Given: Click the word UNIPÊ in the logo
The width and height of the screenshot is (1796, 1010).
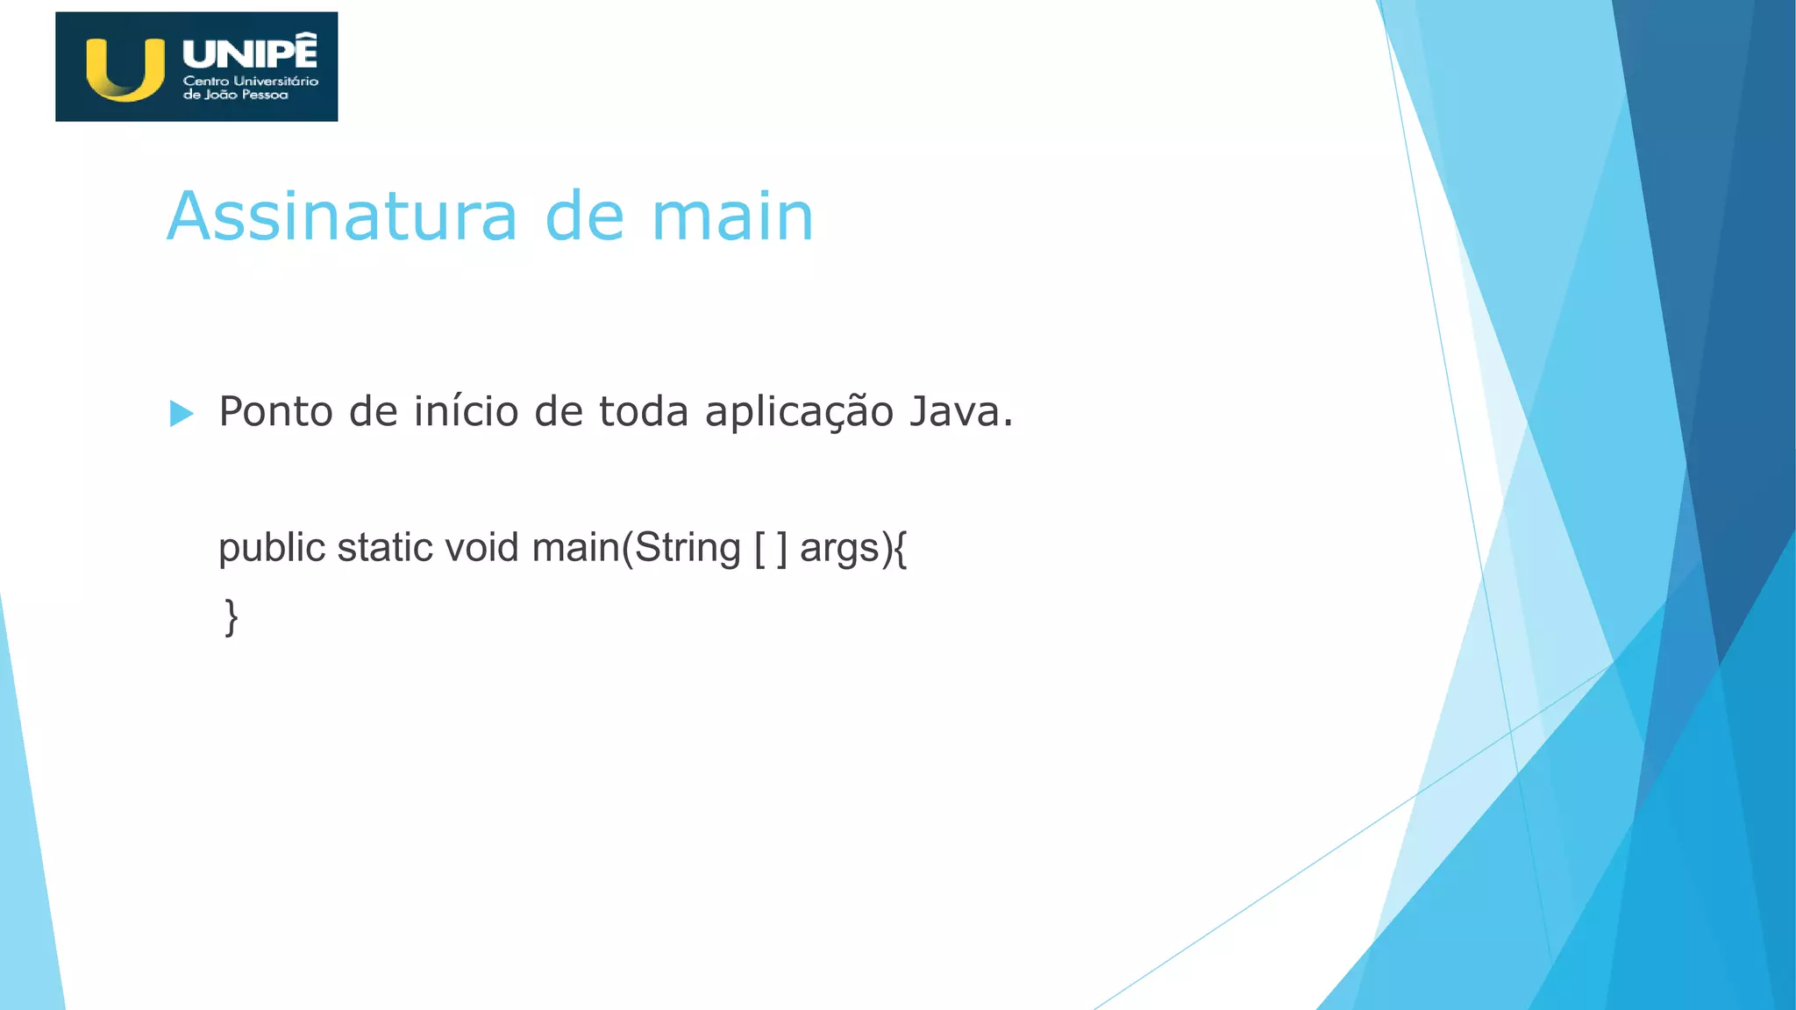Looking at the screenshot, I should pos(250,53).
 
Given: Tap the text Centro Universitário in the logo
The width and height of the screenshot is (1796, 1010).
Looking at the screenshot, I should pos(251,81).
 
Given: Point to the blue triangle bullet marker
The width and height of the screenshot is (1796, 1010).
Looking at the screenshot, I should pos(181,413).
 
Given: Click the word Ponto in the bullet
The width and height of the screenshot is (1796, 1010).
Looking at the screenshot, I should pos(275,411).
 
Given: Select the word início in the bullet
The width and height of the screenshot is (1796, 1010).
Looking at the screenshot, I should pos(466,411).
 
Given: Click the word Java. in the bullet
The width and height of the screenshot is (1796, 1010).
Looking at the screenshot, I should pos(961,411).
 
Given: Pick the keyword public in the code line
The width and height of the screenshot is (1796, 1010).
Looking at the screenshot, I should pos(272,549).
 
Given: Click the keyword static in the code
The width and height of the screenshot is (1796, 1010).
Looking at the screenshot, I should pos(385,547).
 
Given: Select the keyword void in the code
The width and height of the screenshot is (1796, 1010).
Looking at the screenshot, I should pos(482,547).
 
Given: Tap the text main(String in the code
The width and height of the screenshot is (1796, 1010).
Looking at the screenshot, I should pos(637,549).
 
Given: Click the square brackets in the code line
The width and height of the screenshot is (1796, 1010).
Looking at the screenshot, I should pos(771,549).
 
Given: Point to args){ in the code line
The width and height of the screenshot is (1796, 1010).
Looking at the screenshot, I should pos(853,549).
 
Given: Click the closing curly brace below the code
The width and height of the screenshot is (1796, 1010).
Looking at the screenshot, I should pos(231,617).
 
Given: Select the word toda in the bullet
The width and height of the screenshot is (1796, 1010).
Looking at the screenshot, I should pos(643,411).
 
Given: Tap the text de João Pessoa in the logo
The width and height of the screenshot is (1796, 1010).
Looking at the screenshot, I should pos(235,95).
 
